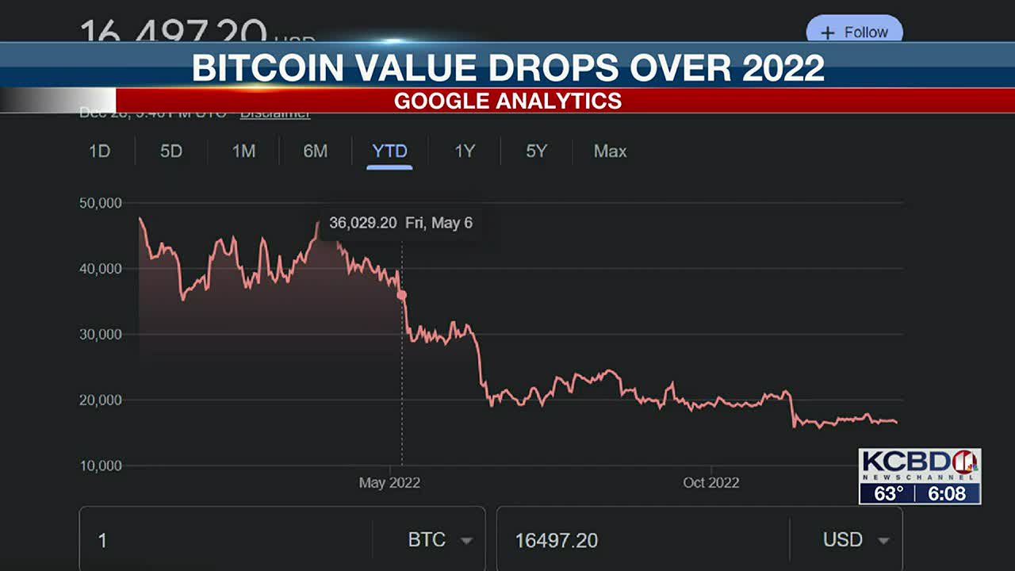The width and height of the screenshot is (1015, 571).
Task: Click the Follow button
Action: tap(855, 33)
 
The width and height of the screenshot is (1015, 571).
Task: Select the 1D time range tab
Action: tap(99, 151)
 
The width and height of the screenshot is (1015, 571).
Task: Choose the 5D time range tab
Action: tap(171, 151)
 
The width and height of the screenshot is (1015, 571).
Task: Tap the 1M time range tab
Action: tap(243, 151)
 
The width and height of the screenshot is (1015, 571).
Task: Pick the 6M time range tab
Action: tap(315, 151)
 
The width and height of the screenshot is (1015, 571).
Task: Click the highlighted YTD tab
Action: tap(389, 151)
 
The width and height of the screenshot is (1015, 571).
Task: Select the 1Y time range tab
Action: tap(464, 151)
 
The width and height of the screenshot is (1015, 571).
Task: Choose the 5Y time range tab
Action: tap(537, 151)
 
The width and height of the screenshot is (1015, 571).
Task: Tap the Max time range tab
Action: tap(610, 151)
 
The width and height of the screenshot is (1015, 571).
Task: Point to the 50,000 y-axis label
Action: tap(101, 203)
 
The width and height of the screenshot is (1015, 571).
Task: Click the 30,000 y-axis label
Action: tap(101, 335)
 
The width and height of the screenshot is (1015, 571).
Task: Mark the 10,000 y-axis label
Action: tap(101, 466)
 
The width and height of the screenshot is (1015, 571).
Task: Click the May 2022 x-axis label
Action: tap(389, 482)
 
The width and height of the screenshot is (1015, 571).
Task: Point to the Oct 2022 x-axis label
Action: tap(710, 482)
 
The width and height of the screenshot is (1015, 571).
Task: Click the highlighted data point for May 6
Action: tap(402, 295)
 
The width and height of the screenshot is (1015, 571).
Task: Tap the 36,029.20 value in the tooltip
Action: tap(362, 223)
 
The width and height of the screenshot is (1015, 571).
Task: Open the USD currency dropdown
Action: tap(856, 540)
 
